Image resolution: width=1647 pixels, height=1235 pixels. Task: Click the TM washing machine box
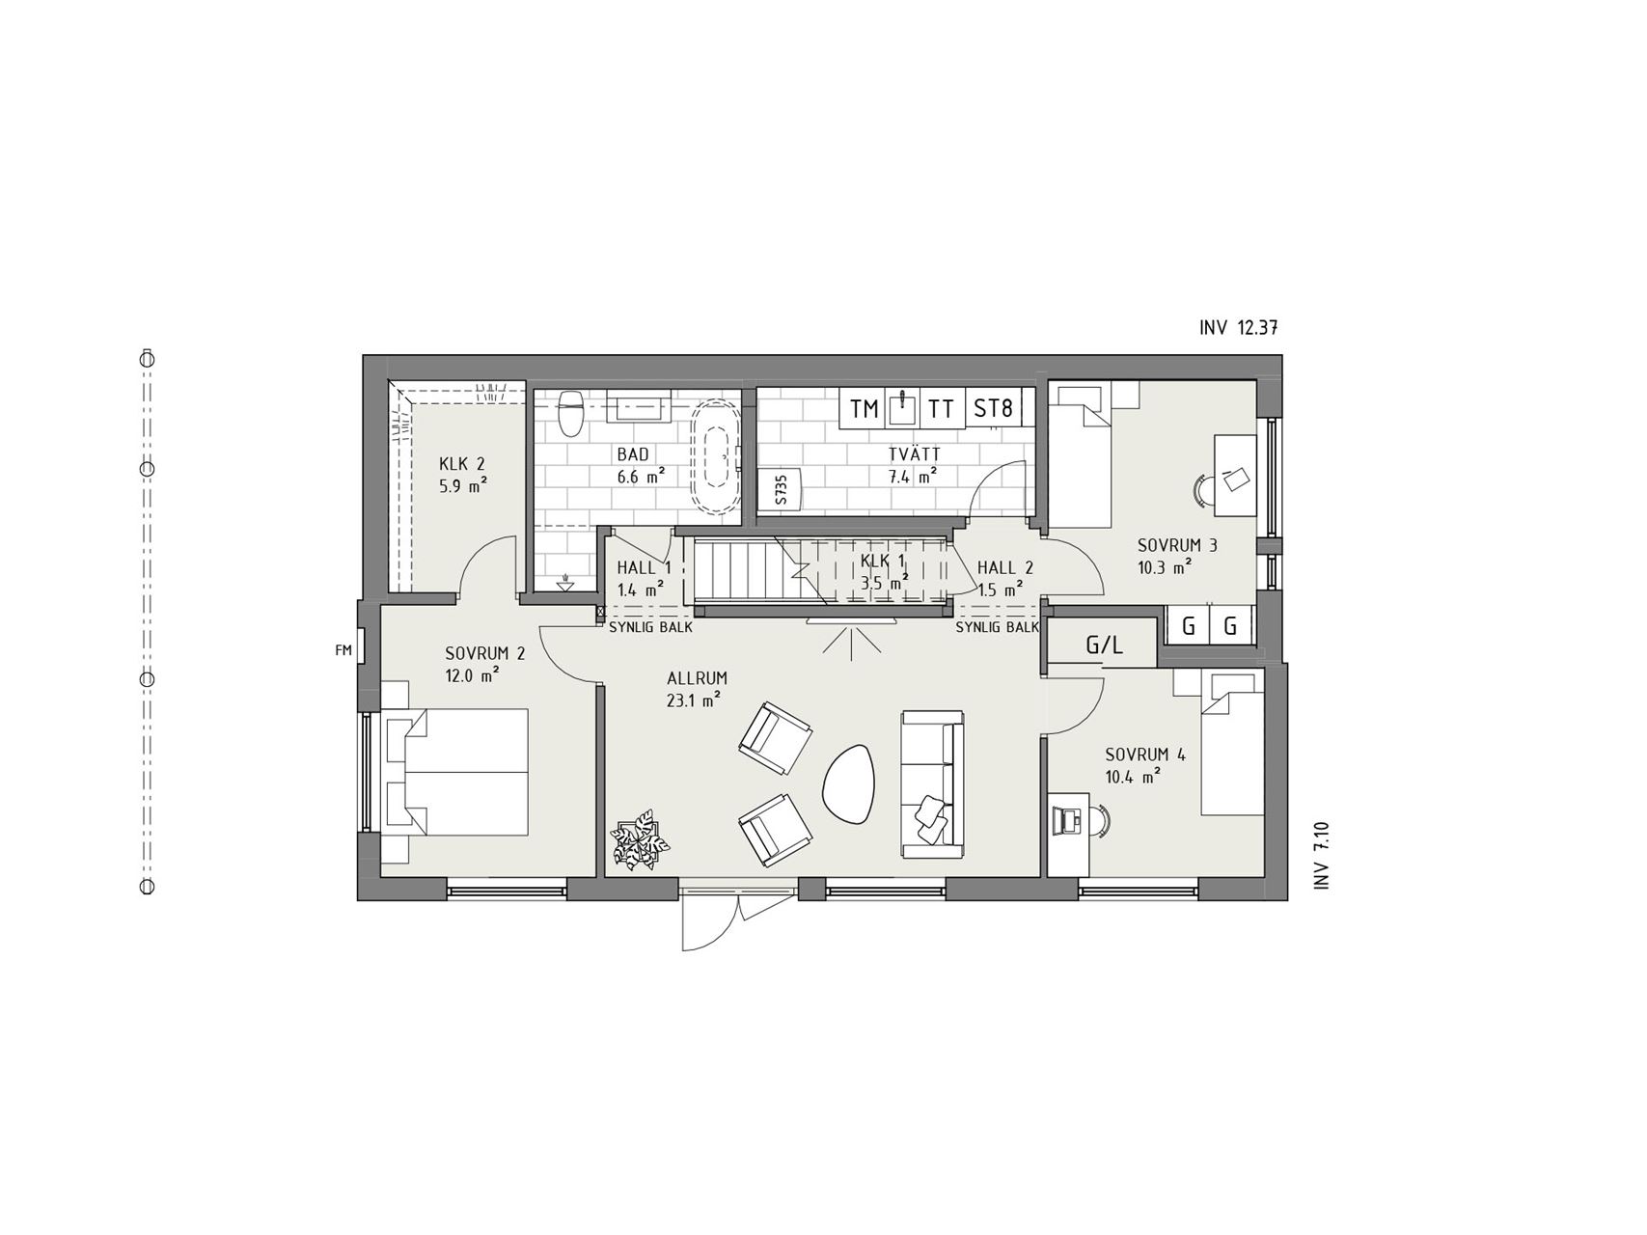pos(865,408)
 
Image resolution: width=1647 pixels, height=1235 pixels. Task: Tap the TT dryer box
pos(941,408)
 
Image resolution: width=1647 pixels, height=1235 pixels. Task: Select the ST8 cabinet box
pos(993,408)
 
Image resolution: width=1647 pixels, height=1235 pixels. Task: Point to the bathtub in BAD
pos(717,455)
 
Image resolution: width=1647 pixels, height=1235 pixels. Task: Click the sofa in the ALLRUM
pos(932,782)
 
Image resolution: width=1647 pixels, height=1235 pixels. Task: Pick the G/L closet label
pos(1104,645)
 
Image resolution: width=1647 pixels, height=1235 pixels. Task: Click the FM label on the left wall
pos(343,650)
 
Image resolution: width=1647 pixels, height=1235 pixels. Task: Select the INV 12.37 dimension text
pos(1239,327)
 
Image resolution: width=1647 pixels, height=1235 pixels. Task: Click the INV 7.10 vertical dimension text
pos(1322,855)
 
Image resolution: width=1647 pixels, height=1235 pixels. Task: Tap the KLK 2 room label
pos(461,464)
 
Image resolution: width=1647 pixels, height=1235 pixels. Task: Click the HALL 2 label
pos(1005,568)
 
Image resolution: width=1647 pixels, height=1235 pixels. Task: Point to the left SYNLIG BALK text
pos(650,627)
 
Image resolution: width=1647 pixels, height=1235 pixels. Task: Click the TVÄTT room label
pos(914,454)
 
